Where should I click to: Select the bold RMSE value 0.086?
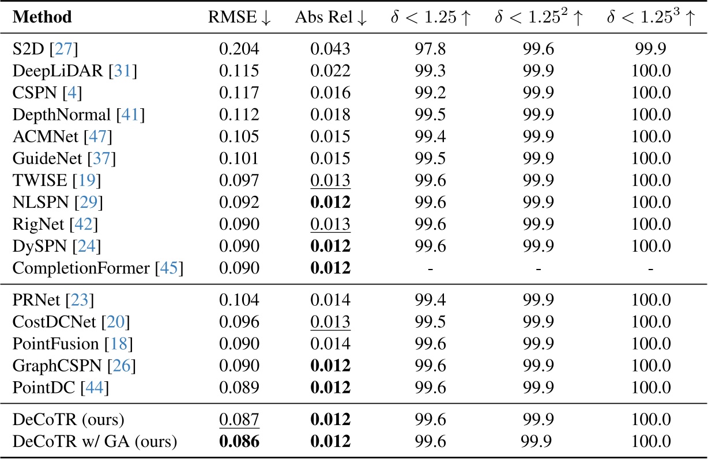(239, 442)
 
